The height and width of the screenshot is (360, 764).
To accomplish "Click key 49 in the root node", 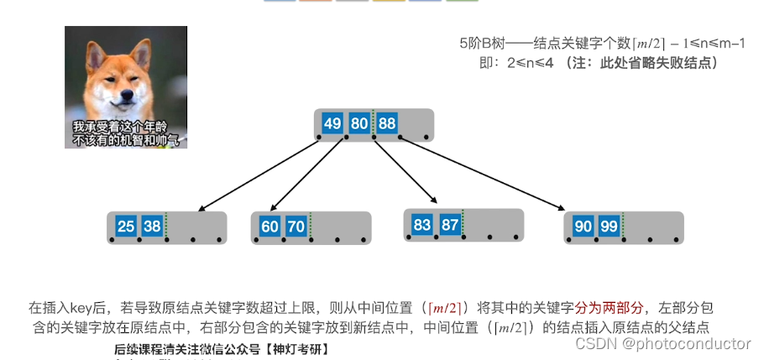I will pos(332,124).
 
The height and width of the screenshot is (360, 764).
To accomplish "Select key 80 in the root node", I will pos(359,124).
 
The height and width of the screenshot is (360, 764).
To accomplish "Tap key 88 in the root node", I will pos(386,124).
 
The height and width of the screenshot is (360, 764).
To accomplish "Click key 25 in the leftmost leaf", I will pos(126,227).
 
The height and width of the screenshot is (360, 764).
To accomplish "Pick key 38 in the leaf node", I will pos(152,227).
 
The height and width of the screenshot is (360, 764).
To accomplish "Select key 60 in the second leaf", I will pos(269,227).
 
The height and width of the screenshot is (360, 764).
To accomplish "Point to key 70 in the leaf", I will pos(296,227).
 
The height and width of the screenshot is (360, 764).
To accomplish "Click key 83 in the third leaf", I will pos(422,224).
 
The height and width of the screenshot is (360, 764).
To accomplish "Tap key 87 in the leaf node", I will pos(449,224).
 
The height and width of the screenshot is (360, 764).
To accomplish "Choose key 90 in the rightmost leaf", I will pos(583,227).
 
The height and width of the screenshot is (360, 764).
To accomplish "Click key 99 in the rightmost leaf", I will pos(610,227).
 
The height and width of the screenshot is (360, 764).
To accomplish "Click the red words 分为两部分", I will pos(608,308).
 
